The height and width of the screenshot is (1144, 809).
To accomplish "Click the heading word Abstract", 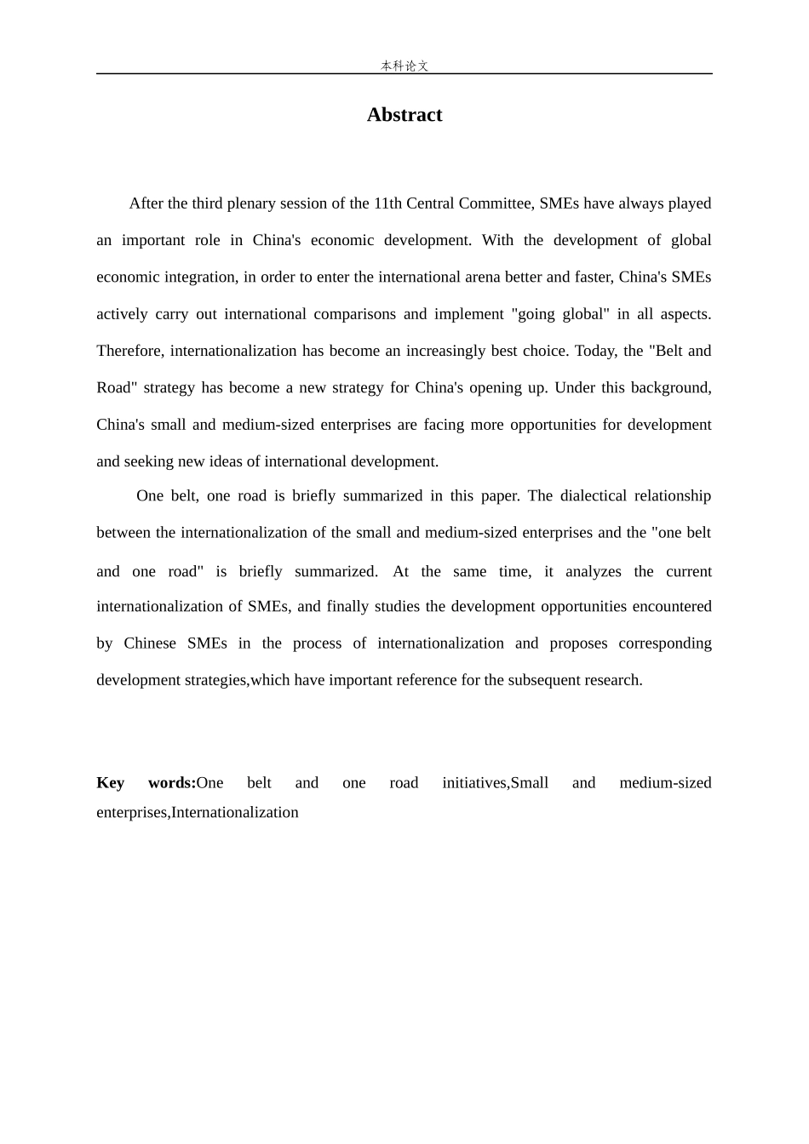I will (x=404, y=115).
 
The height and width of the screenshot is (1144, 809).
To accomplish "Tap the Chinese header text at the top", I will (x=404, y=66).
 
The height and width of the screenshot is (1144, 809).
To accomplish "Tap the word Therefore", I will (x=130, y=351).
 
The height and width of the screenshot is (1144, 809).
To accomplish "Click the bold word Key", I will (x=111, y=783).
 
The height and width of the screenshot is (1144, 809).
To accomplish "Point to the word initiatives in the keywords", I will (x=475, y=783).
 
